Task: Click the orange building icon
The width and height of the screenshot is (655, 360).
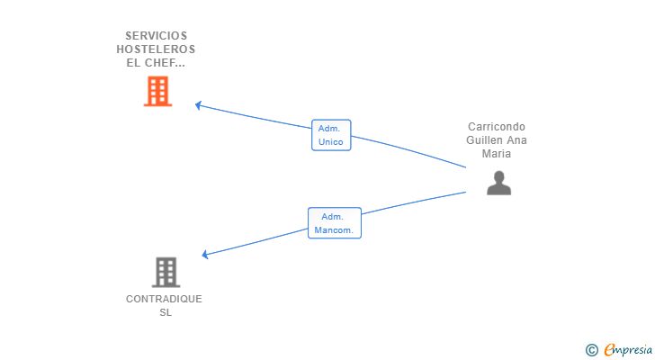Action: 158,91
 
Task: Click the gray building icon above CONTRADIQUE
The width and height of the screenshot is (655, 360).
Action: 166,272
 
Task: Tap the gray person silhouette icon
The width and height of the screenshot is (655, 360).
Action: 498,183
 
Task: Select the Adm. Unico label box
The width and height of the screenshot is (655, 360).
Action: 331,135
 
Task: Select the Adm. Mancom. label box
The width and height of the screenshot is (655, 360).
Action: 335,223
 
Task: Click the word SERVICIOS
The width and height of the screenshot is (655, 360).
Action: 157,36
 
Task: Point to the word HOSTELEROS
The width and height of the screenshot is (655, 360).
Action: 156,49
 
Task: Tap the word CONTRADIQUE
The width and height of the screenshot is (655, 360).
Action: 164,299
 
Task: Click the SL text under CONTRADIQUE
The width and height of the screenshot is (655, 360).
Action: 166,312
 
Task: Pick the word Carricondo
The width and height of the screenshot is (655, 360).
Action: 497,127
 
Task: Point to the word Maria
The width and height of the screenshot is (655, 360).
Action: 497,154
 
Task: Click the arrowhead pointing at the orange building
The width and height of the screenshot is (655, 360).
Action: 198,105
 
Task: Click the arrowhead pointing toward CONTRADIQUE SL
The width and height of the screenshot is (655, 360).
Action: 205,254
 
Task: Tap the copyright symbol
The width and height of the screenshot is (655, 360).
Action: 591,350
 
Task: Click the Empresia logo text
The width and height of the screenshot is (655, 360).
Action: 628,349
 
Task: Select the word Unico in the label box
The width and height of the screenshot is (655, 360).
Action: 331,142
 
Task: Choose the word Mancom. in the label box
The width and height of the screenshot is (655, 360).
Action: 334,230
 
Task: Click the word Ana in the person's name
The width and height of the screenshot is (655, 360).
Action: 517,140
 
